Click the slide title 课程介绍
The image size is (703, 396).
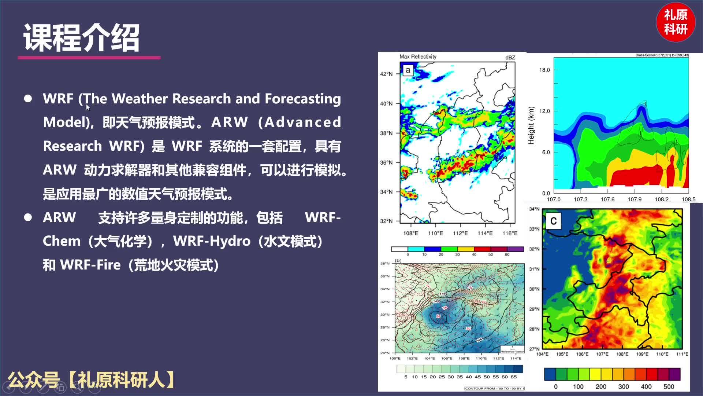click(81, 38)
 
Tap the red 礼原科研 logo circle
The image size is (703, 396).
click(676, 22)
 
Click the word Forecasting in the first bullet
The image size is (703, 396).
click(302, 99)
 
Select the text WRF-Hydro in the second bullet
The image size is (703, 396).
click(212, 241)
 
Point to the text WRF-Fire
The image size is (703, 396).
click(90, 265)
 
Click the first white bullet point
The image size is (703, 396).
click(28, 99)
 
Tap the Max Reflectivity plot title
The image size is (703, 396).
click(418, 56)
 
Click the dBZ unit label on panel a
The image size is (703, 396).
click(510, 58)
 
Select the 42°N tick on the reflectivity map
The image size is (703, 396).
click(386, 74)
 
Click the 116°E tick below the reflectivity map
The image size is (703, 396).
click(510, 233)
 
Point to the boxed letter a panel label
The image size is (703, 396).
click(408, 70)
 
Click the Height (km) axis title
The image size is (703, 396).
click(531, 125)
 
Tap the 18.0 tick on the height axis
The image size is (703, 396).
click(544, 70)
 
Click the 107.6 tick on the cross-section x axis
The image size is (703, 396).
click(607, 199)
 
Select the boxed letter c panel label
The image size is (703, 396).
click(553, 221)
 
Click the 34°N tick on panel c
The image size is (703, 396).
click(534, 209)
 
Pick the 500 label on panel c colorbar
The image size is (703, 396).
click(669, 386)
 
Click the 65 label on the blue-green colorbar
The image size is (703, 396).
click(514, 377)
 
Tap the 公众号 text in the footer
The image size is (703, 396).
click(33, 379)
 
